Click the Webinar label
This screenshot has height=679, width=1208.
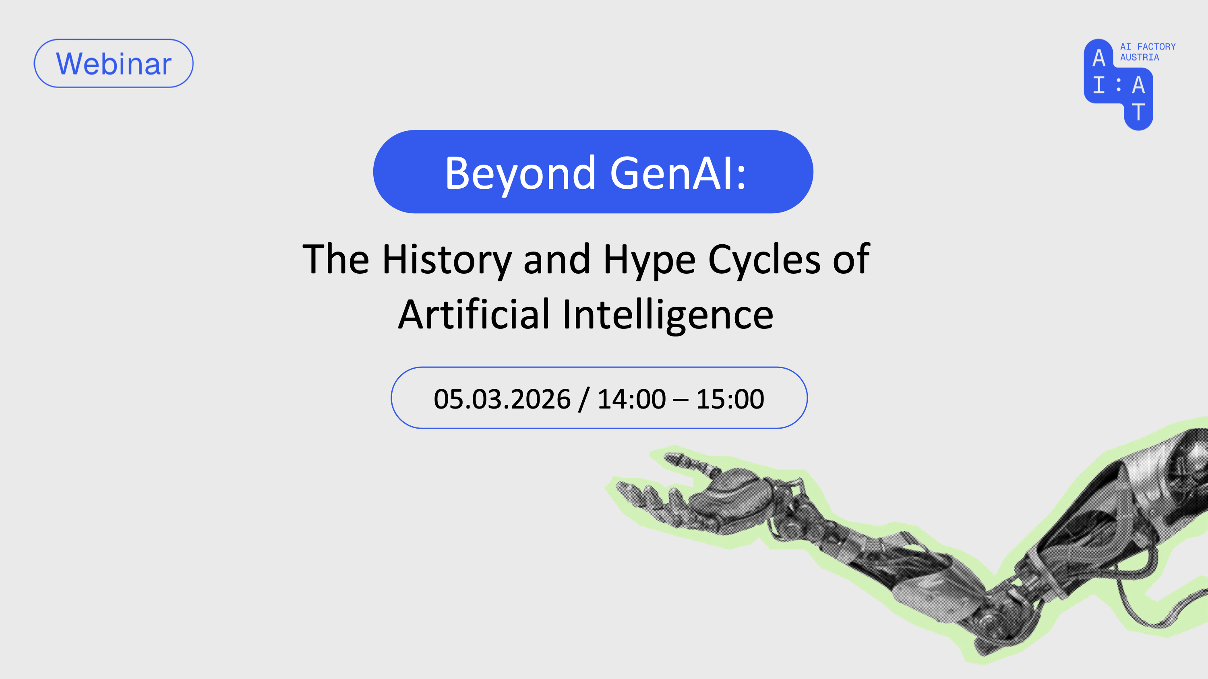(114, 63)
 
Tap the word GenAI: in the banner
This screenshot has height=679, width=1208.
(678, 173)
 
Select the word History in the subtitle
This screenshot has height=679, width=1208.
(447, 260)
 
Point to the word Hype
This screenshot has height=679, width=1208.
(649, 260)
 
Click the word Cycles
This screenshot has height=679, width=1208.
(764, 260)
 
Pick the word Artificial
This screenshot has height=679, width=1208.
(474, 314)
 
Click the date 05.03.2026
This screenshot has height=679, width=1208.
(502, 399)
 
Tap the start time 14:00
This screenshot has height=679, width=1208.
(631, 399)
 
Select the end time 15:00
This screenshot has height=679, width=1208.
(730, 399)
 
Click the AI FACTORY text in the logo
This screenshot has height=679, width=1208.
(1148, 47)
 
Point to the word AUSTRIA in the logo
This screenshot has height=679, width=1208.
(1140, 57)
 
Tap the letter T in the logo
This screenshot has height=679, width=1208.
(1138, 112)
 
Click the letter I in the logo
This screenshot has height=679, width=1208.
(1099, 85)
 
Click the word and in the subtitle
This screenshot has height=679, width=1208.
(556, 260)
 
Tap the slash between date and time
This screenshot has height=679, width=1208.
(584, 399)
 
